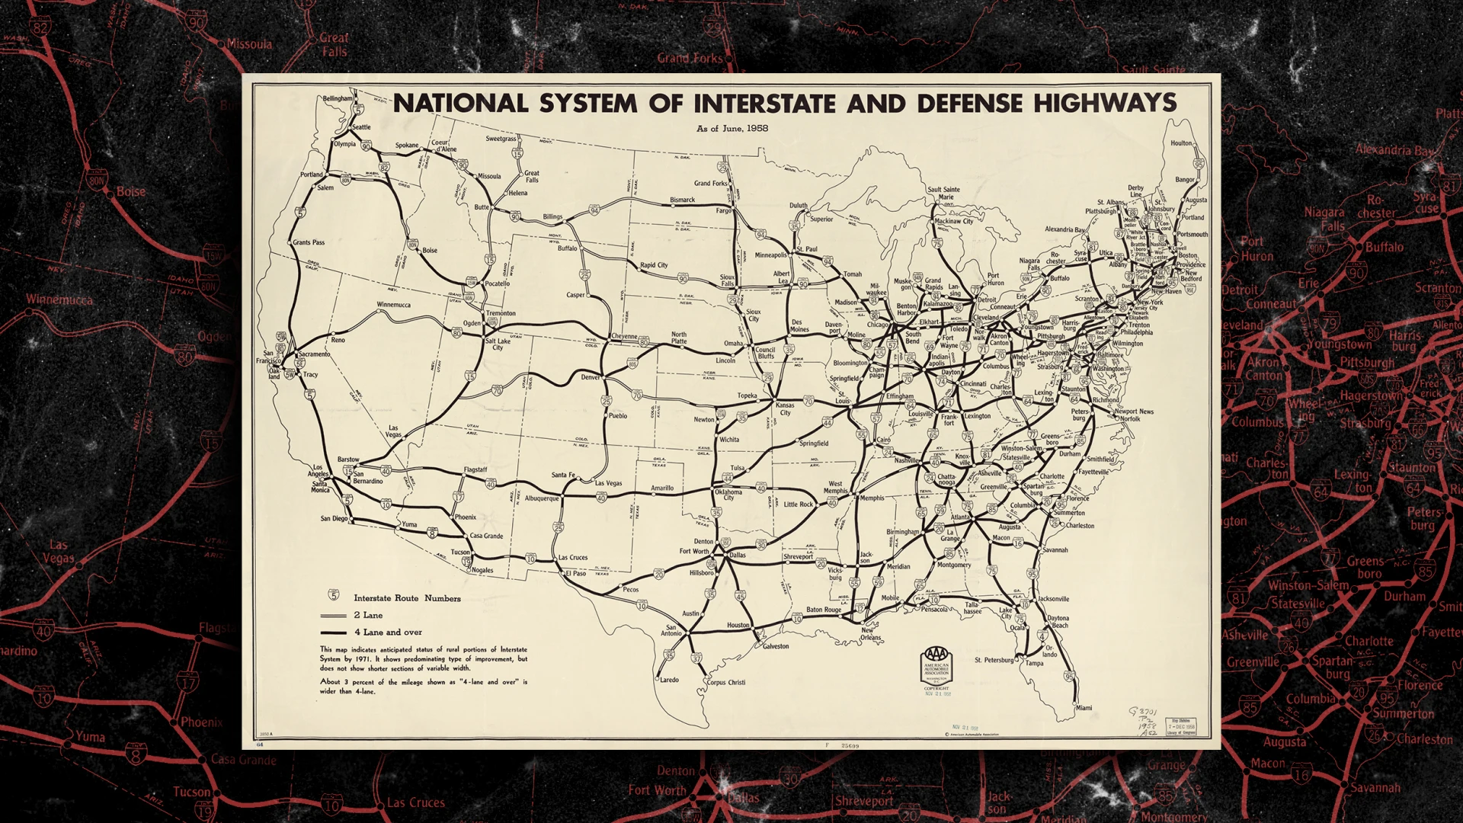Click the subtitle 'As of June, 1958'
(x=731, y=128)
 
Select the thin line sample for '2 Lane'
(x=333, y=615)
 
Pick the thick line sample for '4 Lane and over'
(x=333, y=632)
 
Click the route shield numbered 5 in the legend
(x=334, y=595)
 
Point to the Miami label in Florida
(x=1084, y=708)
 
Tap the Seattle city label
(x=361, y=127)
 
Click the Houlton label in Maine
(x=1181, y=143)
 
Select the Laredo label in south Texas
(x=669, y=680)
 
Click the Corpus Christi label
(x=726, y=683)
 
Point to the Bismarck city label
(x=682, y=200)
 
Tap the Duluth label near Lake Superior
(x=798, y=206)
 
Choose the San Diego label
(x=334, y=519)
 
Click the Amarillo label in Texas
(x=661, y=488)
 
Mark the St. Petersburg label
(x=994, y=660)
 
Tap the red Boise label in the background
(x=130, y=192)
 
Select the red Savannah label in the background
(x=1375, y=787)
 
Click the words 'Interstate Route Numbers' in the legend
(x=407, y=598)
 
